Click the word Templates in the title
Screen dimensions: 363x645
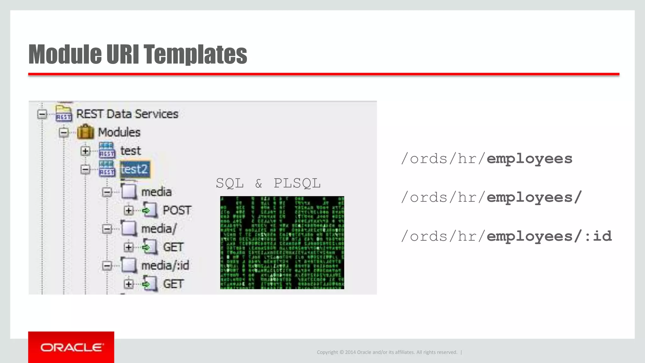pos(195,54)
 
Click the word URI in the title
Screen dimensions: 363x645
pos(123,54)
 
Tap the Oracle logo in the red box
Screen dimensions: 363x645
pos(71,348)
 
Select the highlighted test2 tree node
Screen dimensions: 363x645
pos(135,170)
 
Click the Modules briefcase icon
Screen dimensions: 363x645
pos(85,132)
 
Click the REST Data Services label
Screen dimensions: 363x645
pos(127,114)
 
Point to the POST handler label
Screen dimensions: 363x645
pos(177,210)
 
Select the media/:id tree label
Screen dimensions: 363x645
pos(165,266)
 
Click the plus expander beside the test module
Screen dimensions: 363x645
pos(85,151)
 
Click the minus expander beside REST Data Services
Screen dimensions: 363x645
pos(42,114)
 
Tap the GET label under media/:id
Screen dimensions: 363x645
pos(173,284)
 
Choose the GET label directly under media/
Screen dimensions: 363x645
pos(173,247)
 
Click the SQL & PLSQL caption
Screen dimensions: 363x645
pos(268,183)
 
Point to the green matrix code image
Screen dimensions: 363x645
pos(282,242)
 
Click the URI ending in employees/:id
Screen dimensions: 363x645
pos(506,236)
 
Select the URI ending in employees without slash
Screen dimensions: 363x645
pos(487,158)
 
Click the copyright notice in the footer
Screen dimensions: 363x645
pos(387,352)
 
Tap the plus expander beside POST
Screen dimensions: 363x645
pos(128,210)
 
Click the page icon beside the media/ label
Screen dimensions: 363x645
pos(129,228)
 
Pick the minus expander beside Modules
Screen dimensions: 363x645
pos(64,132)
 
